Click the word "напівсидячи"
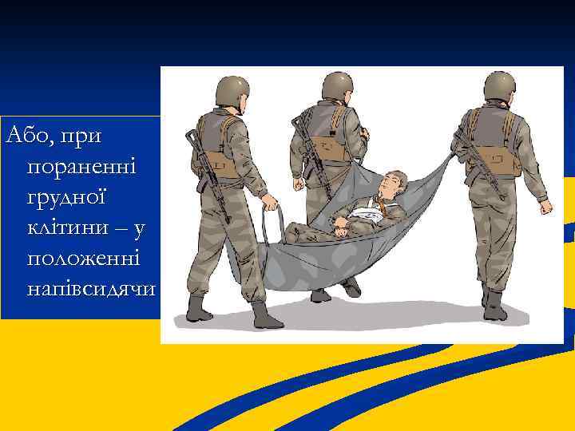(x=91, y=290)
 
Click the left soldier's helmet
(x=232, y=89)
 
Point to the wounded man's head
(x=392, y=183)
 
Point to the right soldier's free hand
(x=545, y=207)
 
